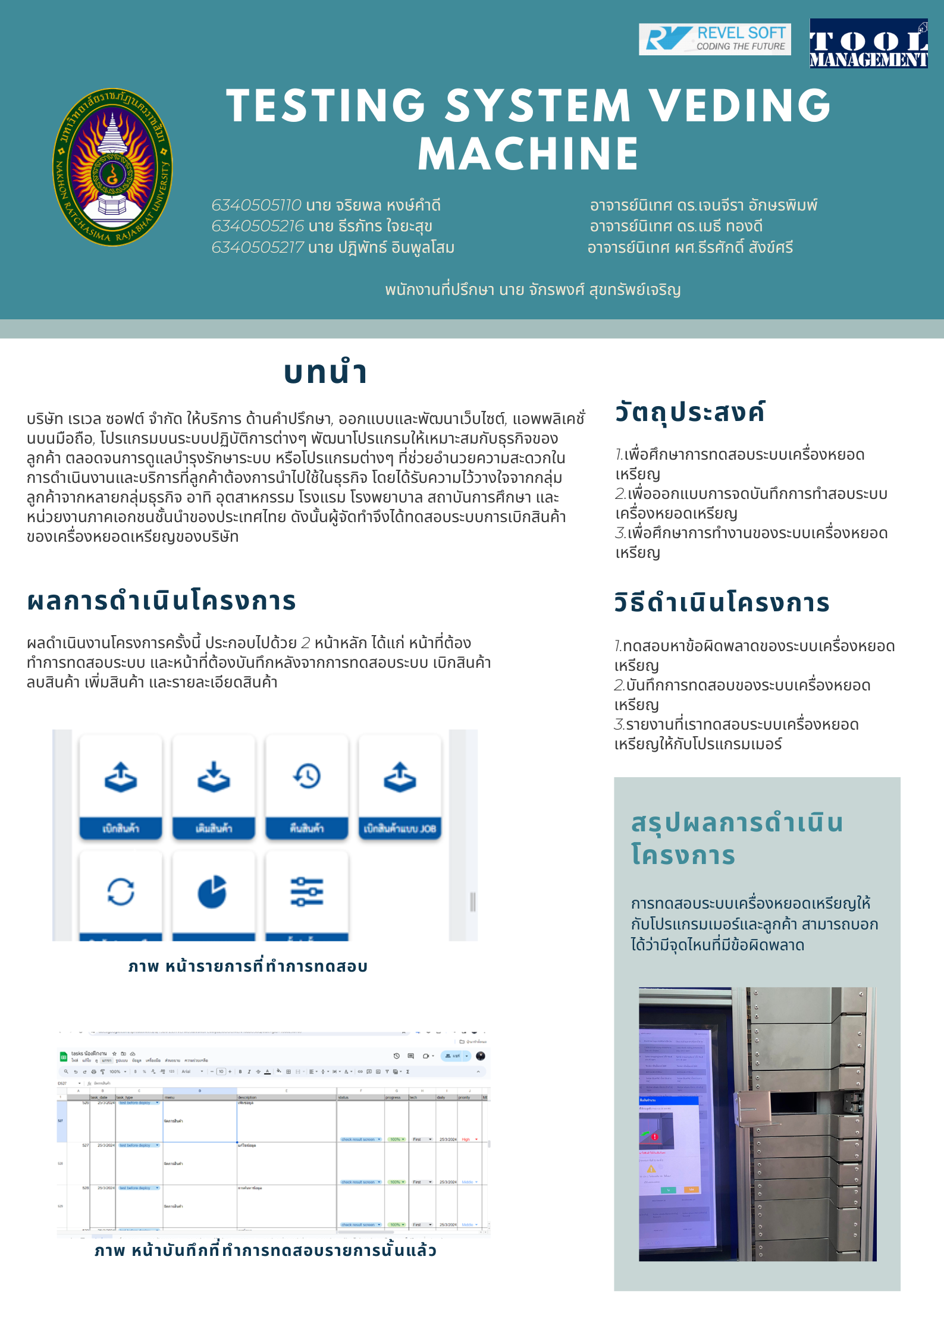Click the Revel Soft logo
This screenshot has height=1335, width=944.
pyautogui.click(x=714, y=39)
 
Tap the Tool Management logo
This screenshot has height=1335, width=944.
pyautogui.click(x=868, y=43)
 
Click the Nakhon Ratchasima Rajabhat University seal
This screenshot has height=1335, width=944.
pyautogui.click(x=112, y=167)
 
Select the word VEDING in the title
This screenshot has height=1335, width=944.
pyautogui.click(x=739, y=106)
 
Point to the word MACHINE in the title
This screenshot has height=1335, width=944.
pyautogui.click(x=528, y=154)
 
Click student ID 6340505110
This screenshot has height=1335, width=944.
pyautogui.click(x=256, y=205)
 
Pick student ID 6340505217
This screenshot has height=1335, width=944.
pyautogui.click(x=258, y=247)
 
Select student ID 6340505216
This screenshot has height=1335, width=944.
pyautogui.click(x=258, y=226)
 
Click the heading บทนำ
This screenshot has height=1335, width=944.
pyautogui.click(x=325, y=372)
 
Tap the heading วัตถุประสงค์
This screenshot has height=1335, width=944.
pyautogui.click(x=689, y=412)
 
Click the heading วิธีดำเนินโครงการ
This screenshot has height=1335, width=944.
pyautogui.click(x=722, y=602)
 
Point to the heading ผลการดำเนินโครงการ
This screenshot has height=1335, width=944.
pyautogui.click(x=161, y=601)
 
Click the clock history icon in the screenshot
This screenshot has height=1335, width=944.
pyautogui.click(x=307, y=776)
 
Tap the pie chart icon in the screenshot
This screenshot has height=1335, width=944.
pyautogui.click(x=212, y=892)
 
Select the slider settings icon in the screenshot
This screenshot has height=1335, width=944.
pyautogui.click(x=307, y=892)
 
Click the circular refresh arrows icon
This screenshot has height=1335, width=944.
pyautogui.click(x=121, y=892)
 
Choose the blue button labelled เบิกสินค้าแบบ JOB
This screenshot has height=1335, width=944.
pyautogui.click(x=400, y=828)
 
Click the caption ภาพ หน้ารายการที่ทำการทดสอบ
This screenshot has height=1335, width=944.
pyautogui.click(x=248, y=966)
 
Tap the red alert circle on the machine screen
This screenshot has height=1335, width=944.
pyautogui.click(x=654, y=1136)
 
